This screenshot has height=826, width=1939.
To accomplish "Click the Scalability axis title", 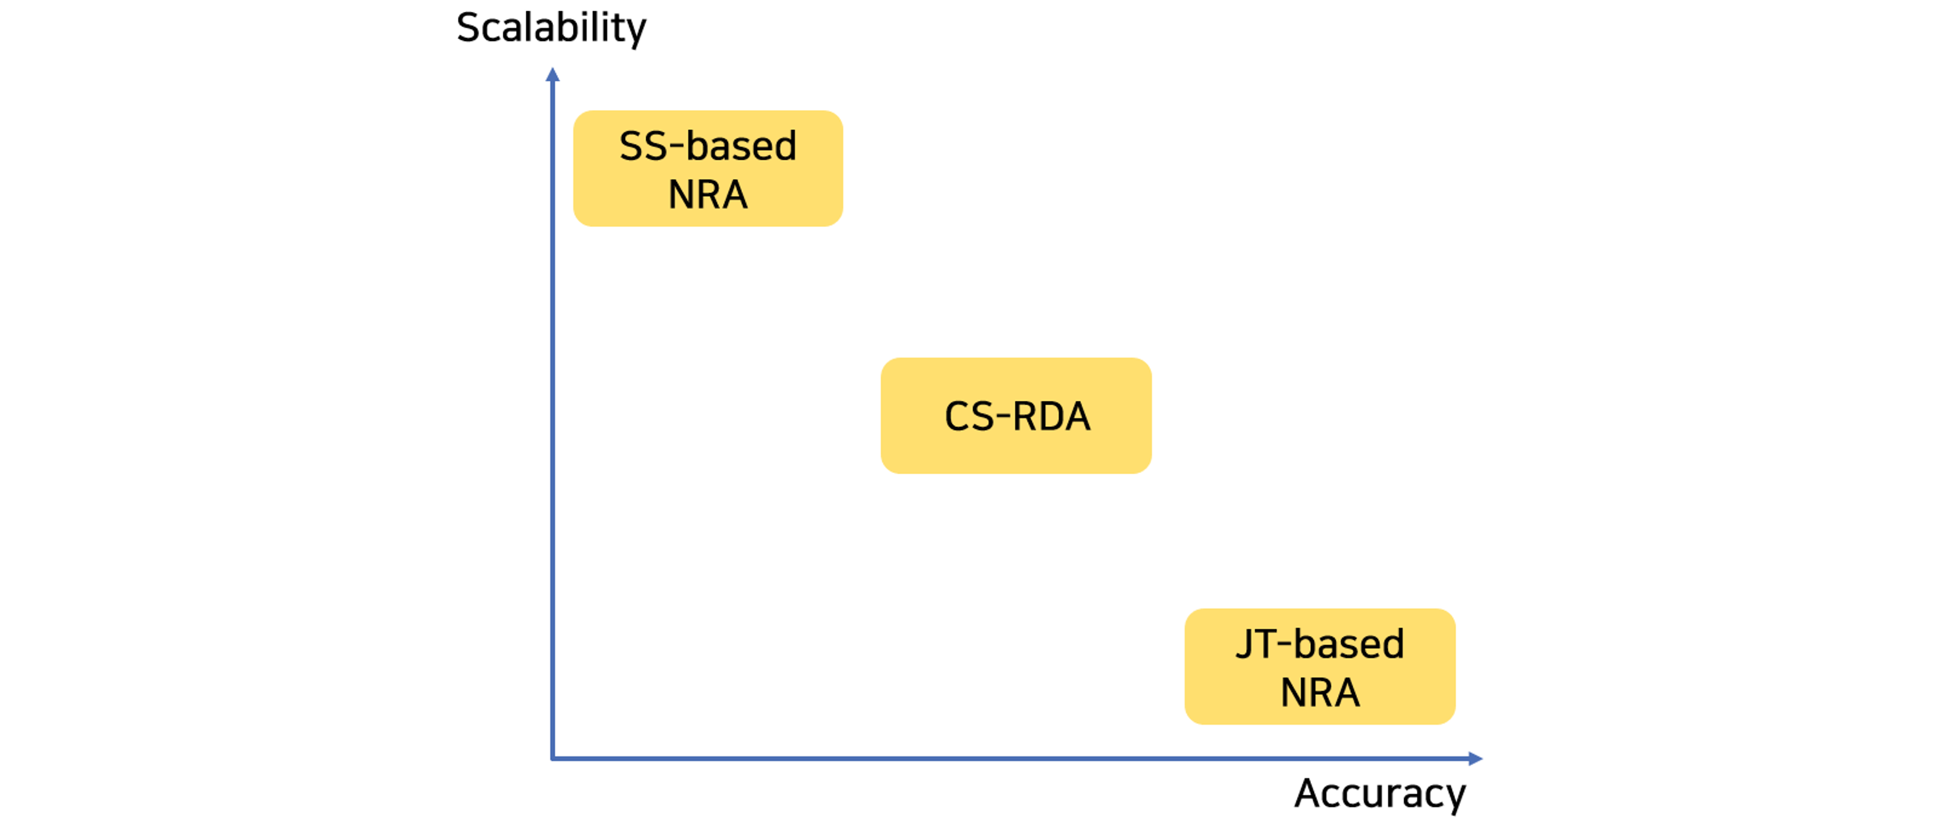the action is tap(551, 29).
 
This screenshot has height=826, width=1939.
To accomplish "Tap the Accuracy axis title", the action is tap(1380, 794).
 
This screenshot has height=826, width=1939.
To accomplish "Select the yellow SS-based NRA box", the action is tap(708, 168).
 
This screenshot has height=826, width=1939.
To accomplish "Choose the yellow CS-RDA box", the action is tap(1016, 416).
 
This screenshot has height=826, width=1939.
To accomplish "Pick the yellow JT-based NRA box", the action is tap(1320, 666).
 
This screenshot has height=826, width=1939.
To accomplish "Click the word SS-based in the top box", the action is tap(708, 145).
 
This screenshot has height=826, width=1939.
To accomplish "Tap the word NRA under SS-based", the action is tap(708, 195).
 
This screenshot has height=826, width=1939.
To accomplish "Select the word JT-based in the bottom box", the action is tap(1320, 644).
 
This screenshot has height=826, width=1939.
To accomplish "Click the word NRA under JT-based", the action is tap(1320, 693).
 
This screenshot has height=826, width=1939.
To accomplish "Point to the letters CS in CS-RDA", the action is tap(969, 416).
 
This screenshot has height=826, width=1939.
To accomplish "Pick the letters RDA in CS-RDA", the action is tap(1052, 416).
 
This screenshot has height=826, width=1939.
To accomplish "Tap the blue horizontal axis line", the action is tap(1017, 758).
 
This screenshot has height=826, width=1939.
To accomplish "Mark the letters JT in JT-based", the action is tap(1260, 645).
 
